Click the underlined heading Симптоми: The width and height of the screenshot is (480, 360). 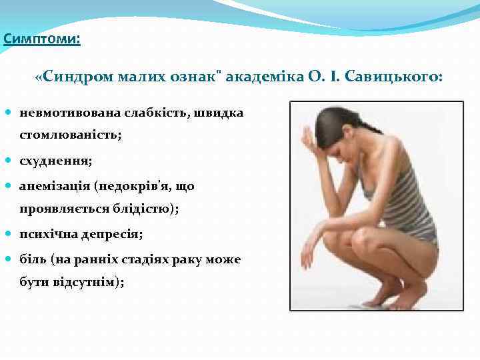tap(41, 39)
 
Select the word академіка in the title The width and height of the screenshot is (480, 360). tap(260, 77)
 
